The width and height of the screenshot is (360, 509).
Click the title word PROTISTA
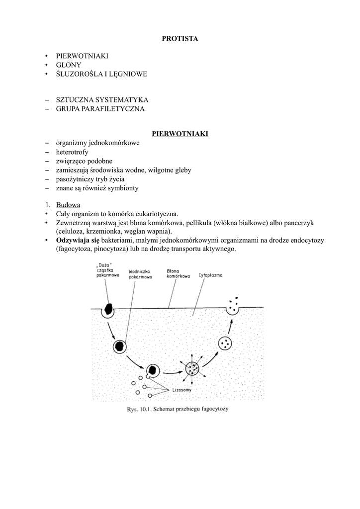click(180, 39)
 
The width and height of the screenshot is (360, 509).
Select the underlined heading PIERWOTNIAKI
click(180, 134)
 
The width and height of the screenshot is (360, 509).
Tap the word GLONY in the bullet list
click(69, 65)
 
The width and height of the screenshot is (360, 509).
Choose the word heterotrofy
click(72, 152)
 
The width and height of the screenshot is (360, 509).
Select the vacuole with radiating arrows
click(192, 369)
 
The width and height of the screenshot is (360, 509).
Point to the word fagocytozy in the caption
click(213, 410)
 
